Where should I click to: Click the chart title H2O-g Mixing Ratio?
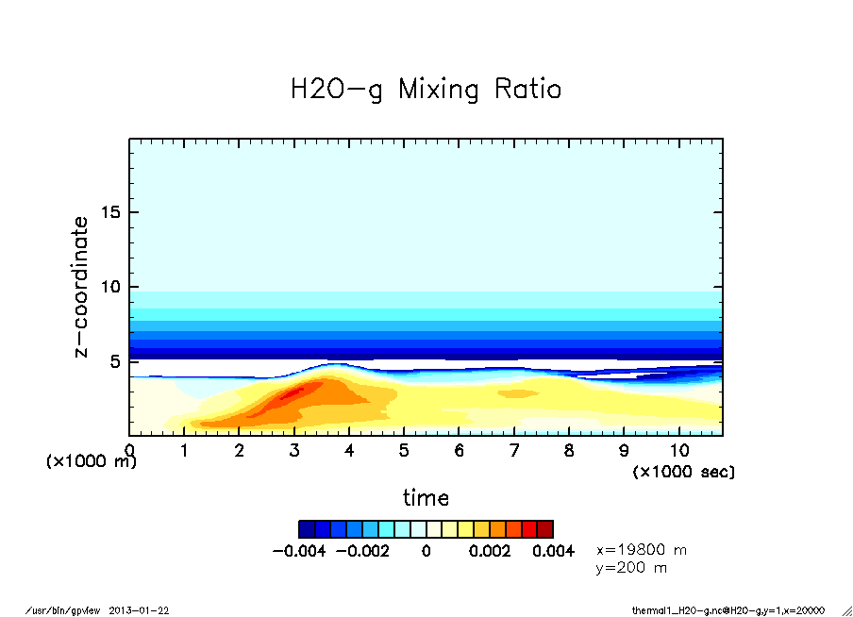coord(426,90)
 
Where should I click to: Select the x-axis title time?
coord(426,497)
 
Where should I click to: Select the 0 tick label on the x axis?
coord(129,451)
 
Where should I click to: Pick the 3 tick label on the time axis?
coord(294,451)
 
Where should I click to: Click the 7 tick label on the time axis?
coord(514,451)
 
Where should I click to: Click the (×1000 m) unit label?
coord(92,462)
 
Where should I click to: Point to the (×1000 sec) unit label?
coord(684,471)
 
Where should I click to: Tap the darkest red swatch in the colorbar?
coord(545,529)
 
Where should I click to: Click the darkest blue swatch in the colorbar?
coord(307,529)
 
